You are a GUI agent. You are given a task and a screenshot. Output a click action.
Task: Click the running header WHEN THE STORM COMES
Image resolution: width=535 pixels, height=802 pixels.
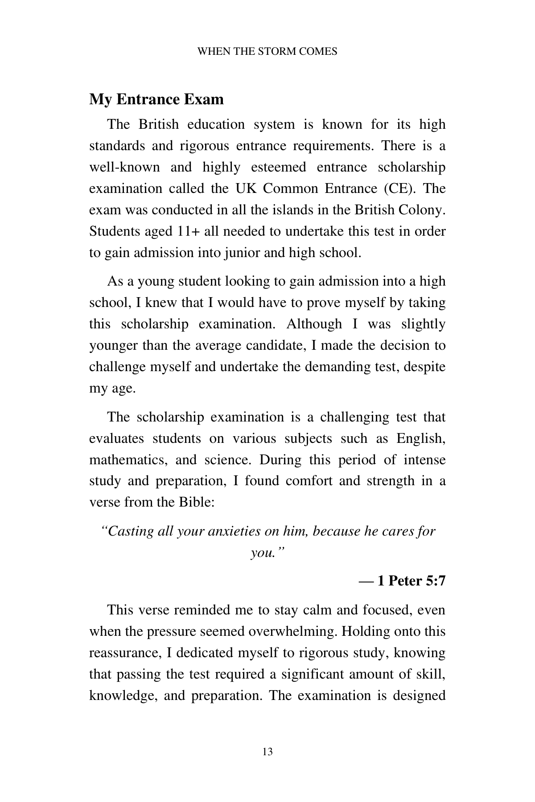267,51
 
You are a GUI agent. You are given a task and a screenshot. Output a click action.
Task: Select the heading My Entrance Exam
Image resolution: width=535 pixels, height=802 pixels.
156,99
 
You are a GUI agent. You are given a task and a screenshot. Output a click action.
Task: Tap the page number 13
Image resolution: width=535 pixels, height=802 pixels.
267,752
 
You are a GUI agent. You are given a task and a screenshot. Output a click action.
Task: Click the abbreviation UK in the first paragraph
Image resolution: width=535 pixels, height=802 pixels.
245,188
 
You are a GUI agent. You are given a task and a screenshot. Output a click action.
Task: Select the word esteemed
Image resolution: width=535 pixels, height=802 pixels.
278,167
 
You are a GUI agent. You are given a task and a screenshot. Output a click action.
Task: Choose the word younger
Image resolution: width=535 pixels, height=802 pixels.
114,346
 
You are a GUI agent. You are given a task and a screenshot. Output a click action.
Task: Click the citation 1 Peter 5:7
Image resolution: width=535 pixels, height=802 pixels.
411,581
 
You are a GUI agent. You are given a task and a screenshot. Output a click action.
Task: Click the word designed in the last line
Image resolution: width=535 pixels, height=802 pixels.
419,696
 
